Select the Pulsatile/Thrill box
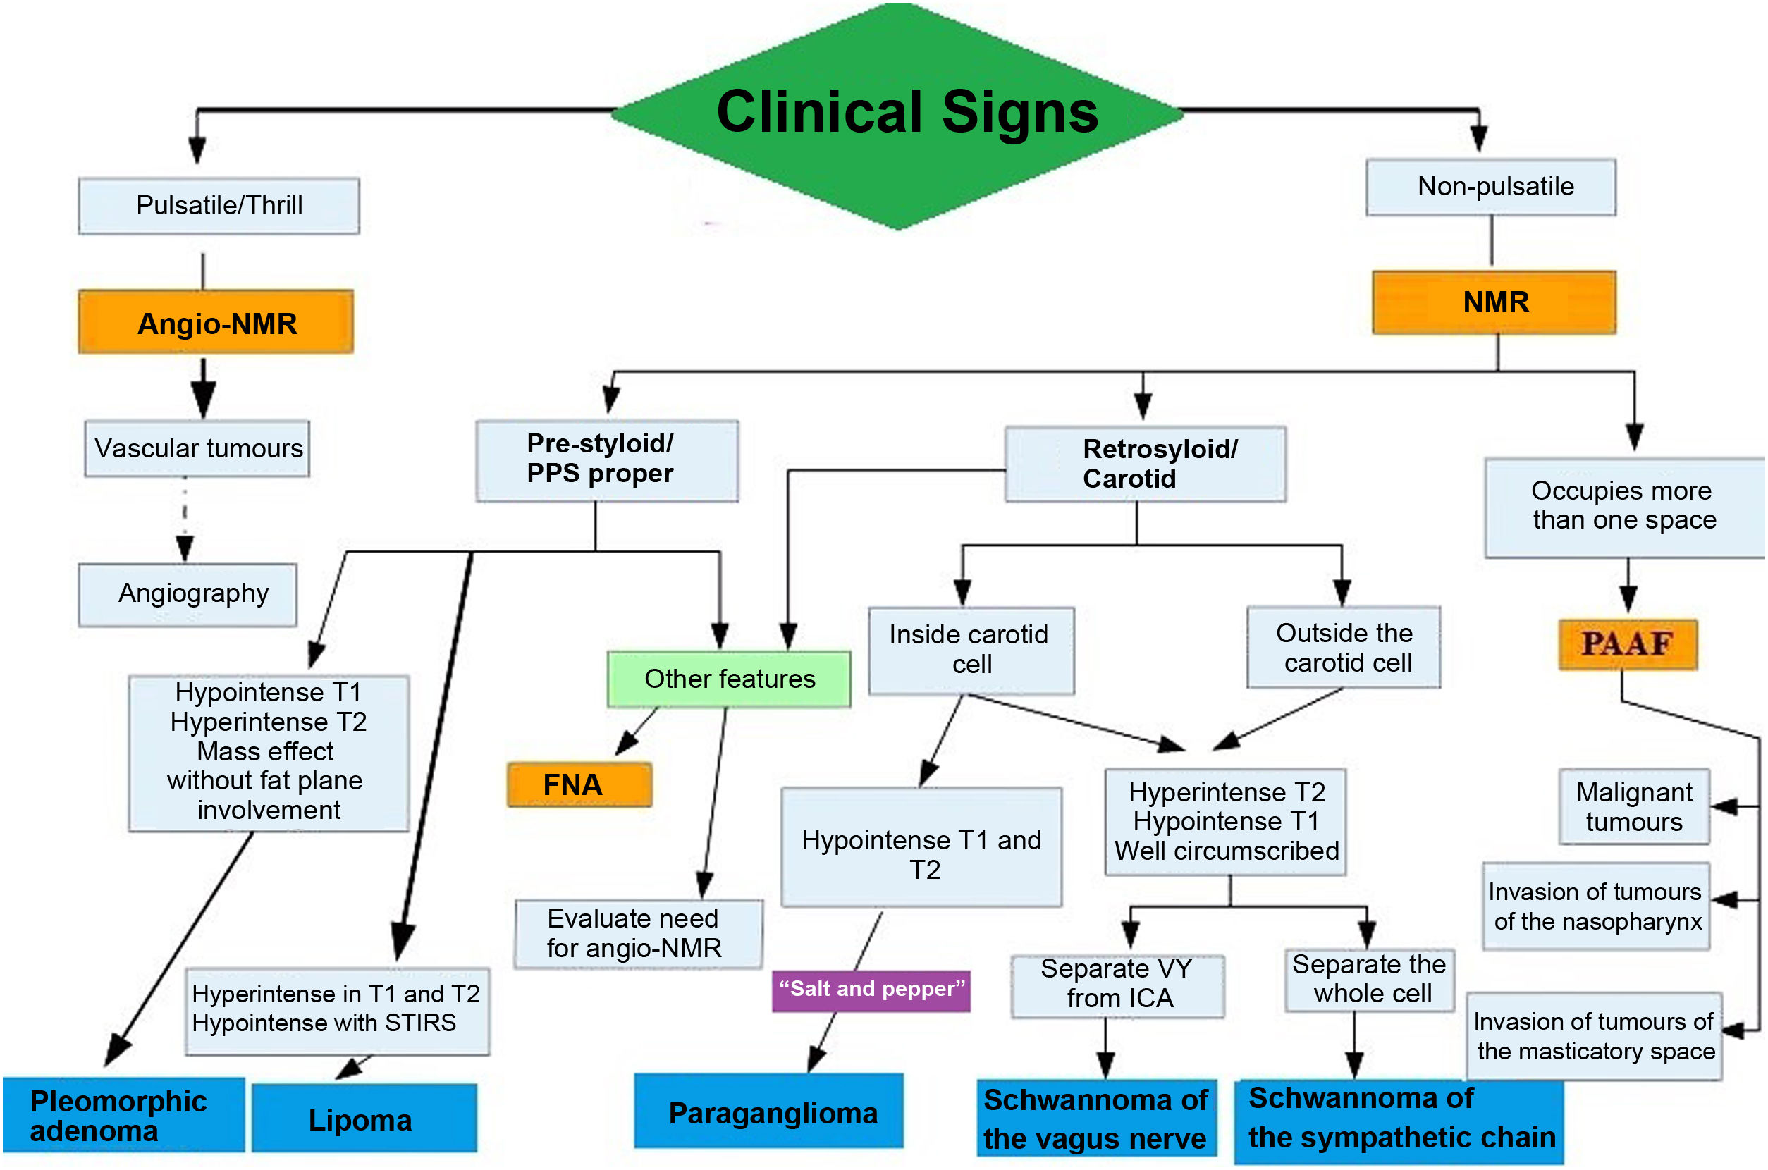click(219, 206)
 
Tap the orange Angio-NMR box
click(216, 322)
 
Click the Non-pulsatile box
click(1490, 187)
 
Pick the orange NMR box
click(1493, 302)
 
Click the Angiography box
click(188, 594)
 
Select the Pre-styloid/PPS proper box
click(607, 460)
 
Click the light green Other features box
click(728, 678)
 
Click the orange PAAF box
click(1627, 643)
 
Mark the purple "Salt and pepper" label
click(870, 990)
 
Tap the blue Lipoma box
click(364, 1118)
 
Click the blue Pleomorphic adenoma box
click(123, 1114)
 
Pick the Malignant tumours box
click(1633, 806)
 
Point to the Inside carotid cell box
click(970, 649)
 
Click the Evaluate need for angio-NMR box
click(638, 933)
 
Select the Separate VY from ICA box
click(1117, 985)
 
